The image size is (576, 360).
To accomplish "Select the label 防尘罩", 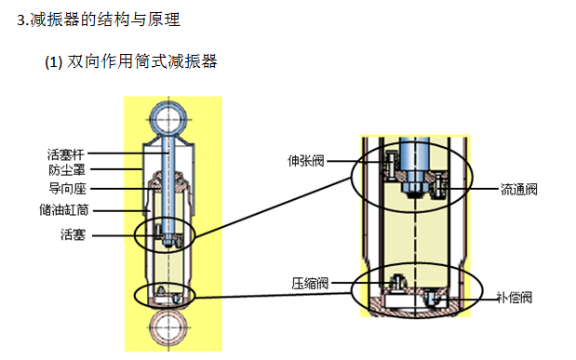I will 69,170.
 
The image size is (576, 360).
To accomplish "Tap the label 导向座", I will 69,187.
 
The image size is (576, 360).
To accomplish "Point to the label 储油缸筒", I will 63,208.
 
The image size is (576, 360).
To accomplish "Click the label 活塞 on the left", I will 74,235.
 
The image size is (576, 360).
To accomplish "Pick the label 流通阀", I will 519,189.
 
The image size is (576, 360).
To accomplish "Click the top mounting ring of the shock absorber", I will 169,116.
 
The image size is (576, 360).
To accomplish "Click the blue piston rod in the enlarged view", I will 414,158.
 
